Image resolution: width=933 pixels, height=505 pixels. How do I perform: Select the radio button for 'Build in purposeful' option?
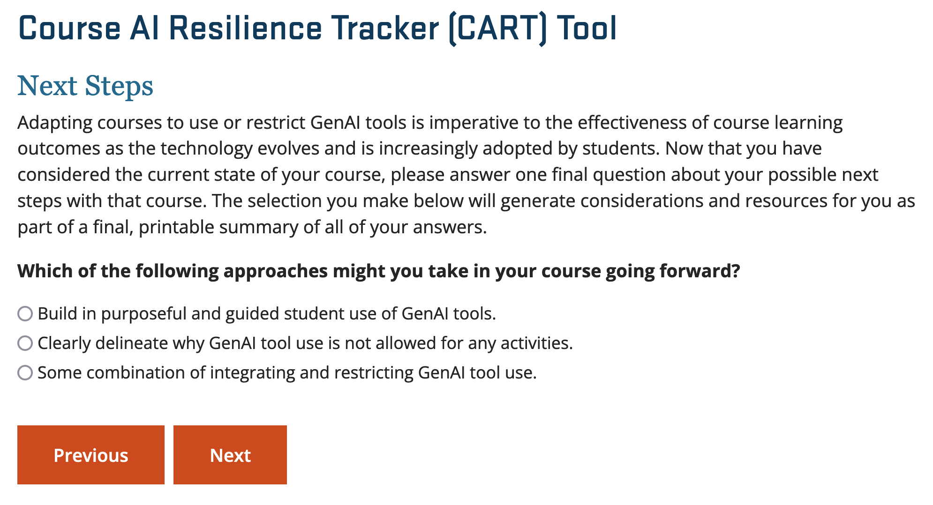point(25,313)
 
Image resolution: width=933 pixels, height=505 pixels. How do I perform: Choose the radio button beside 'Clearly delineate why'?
point(25,343)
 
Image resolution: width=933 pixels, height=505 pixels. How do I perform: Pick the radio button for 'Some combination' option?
point(25,372)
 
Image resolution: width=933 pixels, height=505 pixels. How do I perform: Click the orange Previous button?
point(91,455)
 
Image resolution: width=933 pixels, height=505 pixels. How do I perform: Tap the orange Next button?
point(230,455)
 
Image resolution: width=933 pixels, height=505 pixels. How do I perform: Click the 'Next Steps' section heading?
point(85,86)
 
